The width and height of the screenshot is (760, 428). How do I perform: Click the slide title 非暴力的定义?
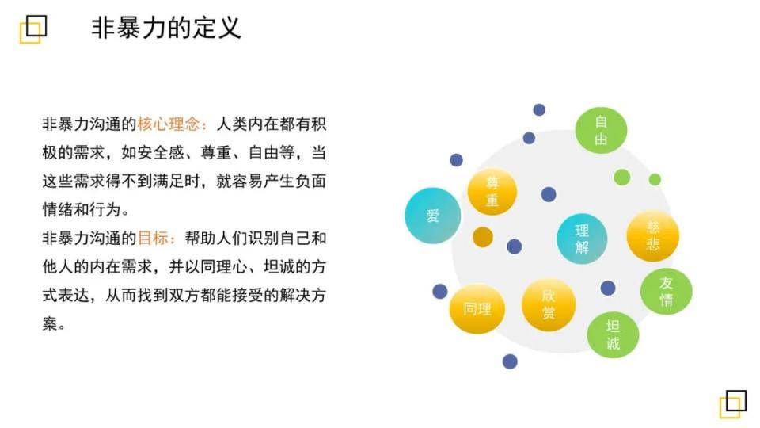(x=166, y=28)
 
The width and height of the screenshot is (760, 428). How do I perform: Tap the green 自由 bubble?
(x=601, y=131)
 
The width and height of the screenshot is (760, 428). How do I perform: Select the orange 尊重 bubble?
(x=492, y=192)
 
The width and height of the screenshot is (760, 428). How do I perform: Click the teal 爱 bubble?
(x=433, y=216)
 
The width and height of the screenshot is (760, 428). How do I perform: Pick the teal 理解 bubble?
(x=582, y=239)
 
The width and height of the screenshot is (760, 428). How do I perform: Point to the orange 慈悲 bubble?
(x=653, y=236)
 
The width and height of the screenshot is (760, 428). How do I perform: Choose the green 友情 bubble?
(x=667, y=291)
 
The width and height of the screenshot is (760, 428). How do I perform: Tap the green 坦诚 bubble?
(x=613, y=334)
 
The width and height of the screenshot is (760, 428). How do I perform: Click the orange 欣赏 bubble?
(x=549, y=304)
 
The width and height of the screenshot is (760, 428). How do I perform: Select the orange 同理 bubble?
(x=477, y=309)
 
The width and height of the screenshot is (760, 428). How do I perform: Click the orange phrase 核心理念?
(x=169, y=124)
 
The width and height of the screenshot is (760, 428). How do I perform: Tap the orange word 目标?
(x=153, y=239)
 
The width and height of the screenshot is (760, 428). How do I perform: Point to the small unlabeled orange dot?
(x=483, y=237)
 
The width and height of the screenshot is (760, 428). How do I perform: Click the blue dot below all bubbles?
(x=510, y=361)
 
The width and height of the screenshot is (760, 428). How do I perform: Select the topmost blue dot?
(x=539, y=109)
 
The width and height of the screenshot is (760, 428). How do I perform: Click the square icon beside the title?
(x=33, y=29)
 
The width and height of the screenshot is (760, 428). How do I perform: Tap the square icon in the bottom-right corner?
(x=733, y=403)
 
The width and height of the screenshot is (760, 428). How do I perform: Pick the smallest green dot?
(x=655, y=180)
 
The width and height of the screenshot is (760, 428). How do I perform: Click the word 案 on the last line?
(x=50, y=323)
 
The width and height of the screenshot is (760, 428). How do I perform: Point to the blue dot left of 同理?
(x=439, y=291)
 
